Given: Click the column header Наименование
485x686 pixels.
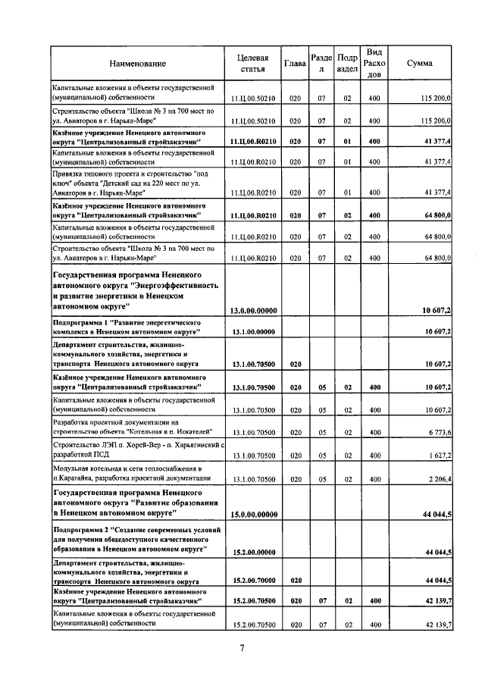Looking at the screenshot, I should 137,64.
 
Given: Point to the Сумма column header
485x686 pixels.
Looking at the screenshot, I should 419,64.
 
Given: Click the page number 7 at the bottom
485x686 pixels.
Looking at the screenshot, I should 242,648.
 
